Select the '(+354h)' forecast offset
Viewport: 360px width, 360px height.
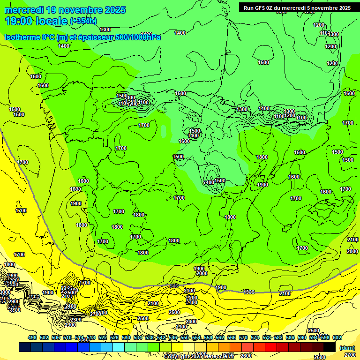pos(83,21)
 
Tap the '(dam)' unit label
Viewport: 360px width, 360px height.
pos(346,347)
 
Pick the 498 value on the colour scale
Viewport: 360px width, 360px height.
pos(32,337)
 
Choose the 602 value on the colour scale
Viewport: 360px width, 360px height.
pos(337,337)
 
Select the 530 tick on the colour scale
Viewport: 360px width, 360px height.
pos(126,337)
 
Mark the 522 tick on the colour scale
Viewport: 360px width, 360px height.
pos(103,337)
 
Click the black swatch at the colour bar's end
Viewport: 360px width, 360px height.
pos(330,347)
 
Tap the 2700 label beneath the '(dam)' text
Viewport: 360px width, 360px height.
pos(350,355)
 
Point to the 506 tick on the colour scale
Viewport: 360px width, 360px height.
pos(56,337)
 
